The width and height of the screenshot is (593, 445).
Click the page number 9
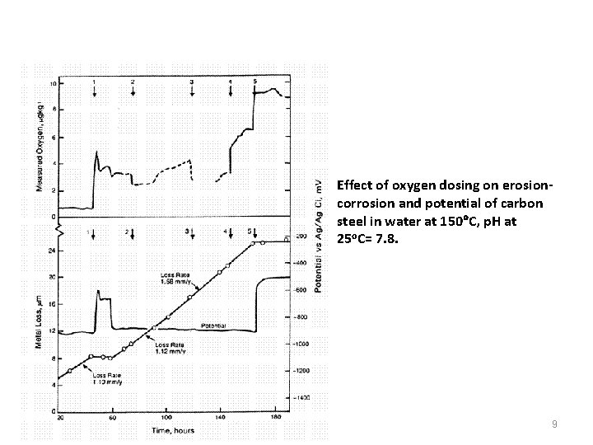pos(555,424)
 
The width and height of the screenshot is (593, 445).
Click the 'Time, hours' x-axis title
pos(174,430)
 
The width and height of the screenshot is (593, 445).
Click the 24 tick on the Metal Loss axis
pos(52,250)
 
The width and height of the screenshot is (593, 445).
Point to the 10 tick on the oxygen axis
pos(53,84)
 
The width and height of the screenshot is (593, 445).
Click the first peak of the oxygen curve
pos(97,152)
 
